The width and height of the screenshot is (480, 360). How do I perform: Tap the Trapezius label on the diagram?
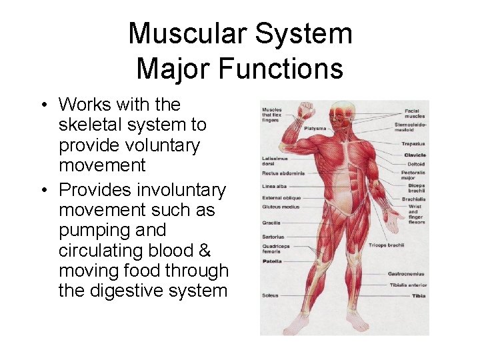coord(413,143)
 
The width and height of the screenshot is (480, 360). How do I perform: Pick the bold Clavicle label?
coord(414,155)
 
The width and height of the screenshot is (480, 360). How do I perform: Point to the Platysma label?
coord(315,129)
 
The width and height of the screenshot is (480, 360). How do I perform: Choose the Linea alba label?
coord(273,186)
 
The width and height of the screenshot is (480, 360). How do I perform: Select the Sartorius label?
coord(273,237)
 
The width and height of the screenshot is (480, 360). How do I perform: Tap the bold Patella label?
coord(272,261)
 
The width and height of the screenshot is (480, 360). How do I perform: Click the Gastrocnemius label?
coord(407,274)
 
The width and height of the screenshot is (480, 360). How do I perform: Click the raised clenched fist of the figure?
coord(306,108)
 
